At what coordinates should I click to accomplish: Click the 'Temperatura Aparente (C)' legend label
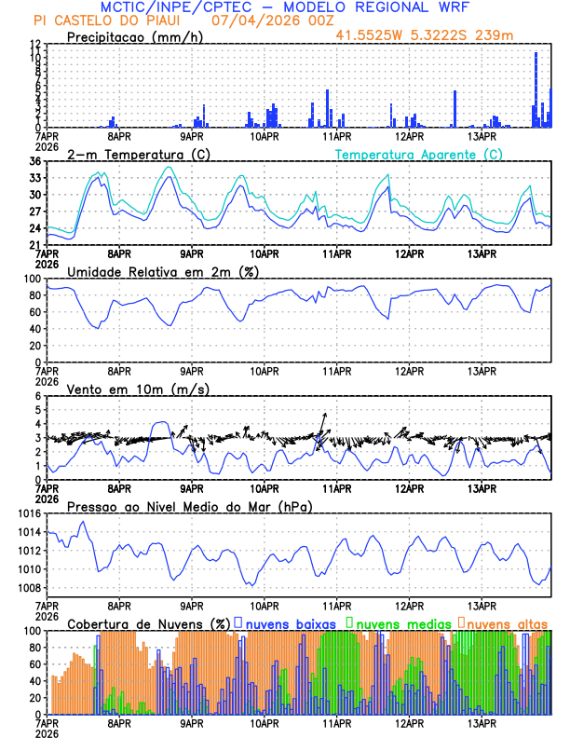(419, 154)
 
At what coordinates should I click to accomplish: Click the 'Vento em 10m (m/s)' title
(138, 389)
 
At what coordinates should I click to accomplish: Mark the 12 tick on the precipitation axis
(34, 45)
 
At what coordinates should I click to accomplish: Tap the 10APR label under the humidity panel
(265, 370)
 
